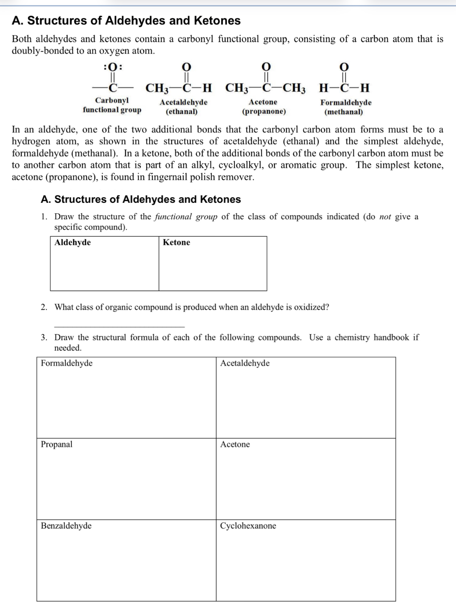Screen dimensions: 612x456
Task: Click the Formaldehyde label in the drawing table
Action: [x=67, y=363]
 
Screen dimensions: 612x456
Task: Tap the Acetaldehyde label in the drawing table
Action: [x=245, y=363]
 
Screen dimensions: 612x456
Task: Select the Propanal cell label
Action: [x=56, y=444]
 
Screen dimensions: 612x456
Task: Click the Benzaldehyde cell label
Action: [x=66, y=526]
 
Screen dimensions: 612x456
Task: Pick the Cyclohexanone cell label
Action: [x=248, y=526]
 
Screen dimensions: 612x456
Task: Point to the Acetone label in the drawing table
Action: [x=235, y=444]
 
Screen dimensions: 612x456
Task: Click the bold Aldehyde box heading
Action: [x=72, y=242]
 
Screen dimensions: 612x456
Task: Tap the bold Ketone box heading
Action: [x=176, y=242]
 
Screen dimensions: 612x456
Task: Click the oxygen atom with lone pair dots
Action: [x=113, y=67]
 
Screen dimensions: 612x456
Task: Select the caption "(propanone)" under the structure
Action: [x=264, y=111]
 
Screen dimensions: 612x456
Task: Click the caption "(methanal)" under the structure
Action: [x=343, y=112]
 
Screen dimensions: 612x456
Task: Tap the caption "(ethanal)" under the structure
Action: [x=181, y=111]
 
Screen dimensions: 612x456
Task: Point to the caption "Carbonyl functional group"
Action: [x=112, y=105]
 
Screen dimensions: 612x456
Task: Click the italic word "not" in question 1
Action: [x=385, y=217]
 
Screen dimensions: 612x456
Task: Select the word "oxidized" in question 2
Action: [x=311, y=307]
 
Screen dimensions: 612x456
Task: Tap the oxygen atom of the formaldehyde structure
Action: [x=344, y=67]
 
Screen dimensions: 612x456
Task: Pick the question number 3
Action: [x=44, y=337]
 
